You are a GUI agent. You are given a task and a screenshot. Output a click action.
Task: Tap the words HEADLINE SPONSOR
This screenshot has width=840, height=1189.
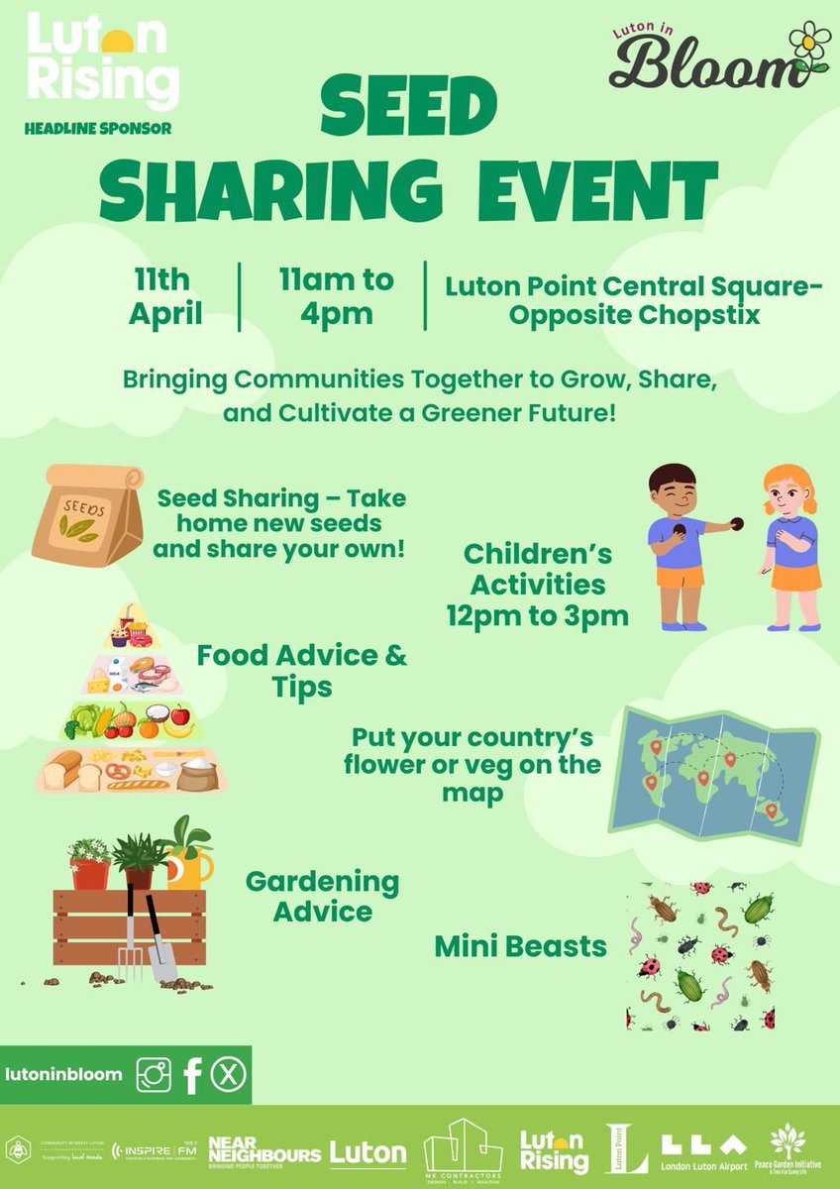tap(98, 128)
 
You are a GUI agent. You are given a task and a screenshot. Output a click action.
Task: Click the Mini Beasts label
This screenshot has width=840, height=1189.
tap(520, 946)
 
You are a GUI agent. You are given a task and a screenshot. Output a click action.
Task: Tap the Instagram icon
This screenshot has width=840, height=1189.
tap(154, 1075)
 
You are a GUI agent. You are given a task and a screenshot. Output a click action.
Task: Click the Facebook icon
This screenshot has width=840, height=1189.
tap(193, 1075)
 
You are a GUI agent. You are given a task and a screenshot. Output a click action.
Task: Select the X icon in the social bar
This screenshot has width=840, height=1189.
tap(230, 1075)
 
